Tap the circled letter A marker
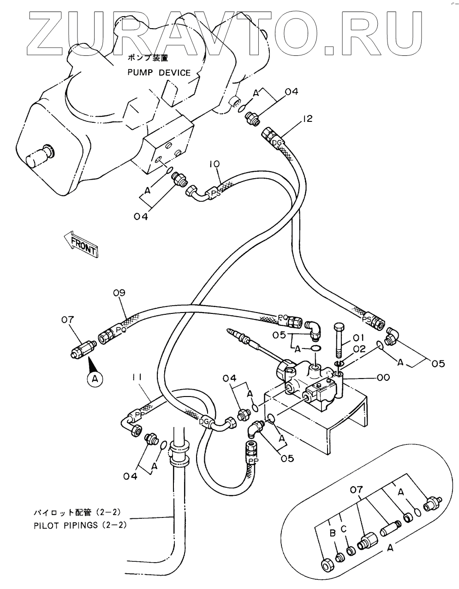pyautogui.click(x=95, y=379)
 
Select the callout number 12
pyautogui.click(x=307, y=119)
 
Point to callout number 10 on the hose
pyautogui.click(x=214, y=164)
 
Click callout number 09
pyautogui.click(x=119, y=293)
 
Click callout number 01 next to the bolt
pyautogui.click(x=359, y=337)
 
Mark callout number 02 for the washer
pyautogui.click(x=359, y=349)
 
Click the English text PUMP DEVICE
pyautogui.click(x=159, y=72)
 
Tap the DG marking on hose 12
pyautogui.click(x=276, y=144)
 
